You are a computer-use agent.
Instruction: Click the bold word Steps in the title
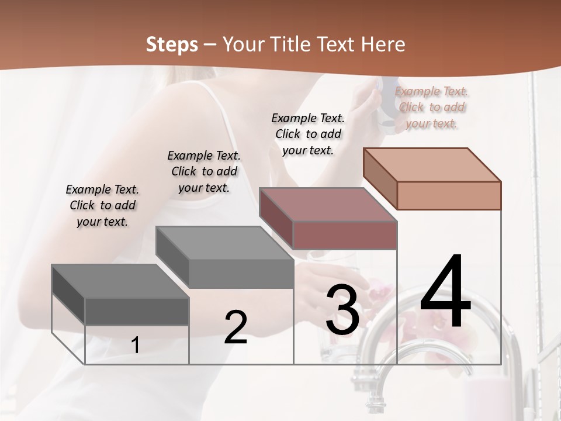tap(172, 44)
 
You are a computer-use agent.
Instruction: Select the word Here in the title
tap(383, 44)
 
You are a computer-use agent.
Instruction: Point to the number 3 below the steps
tap(342, 310)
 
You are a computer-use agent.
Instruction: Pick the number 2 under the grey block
tap(236, 327)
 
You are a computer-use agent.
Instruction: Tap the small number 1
tap(135, 345)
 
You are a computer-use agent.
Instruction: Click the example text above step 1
tap(102, 205)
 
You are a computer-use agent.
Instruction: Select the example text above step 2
tap(204, 171)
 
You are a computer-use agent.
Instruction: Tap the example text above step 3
tap(308, 134)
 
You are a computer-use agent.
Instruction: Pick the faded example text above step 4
tap(431, 107)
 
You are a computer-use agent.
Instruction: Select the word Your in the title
tap(243, 44)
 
